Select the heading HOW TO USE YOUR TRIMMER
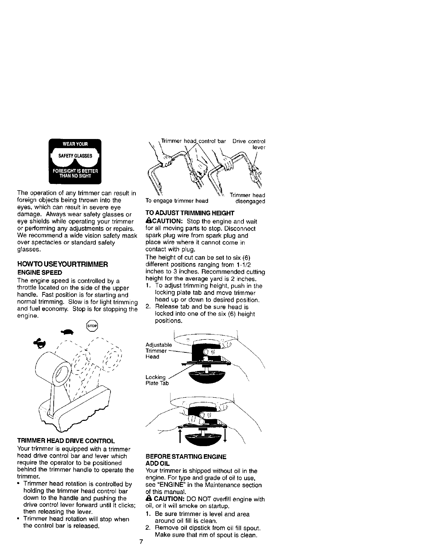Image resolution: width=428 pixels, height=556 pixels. [x=62, y=264]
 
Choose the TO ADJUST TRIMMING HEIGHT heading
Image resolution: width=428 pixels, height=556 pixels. [x=189, y=213]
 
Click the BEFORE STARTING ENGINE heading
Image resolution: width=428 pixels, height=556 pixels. [x=186, y=457]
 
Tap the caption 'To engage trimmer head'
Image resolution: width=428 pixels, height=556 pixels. [x=177, y=201]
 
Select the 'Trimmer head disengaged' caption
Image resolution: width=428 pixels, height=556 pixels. [x=248, y=198]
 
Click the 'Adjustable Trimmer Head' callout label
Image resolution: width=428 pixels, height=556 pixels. [x=158, y=351]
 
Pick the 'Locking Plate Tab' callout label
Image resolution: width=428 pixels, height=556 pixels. [x=157, y=380]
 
